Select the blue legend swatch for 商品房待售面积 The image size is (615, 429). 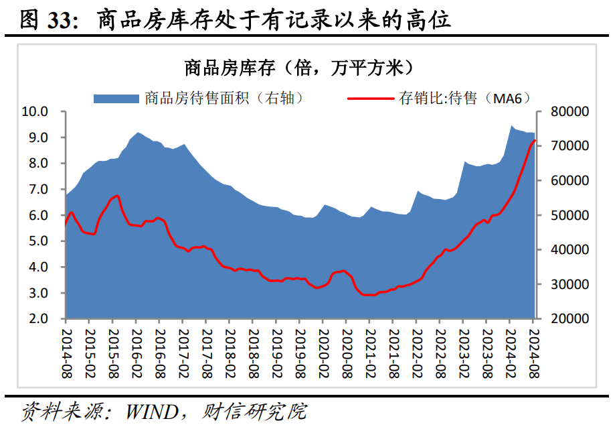[117, 99]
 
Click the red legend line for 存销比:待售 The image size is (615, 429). [371, 99]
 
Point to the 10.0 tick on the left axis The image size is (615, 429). [35, 111]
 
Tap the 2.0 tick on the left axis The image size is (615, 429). [37, 318]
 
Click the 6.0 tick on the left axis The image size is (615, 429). [37, 215]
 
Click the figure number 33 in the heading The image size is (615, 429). [62, 20]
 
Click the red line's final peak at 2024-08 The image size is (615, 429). [534, 141]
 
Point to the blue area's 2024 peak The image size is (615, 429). [512, 126]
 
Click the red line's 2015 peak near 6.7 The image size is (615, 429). [117, 196]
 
